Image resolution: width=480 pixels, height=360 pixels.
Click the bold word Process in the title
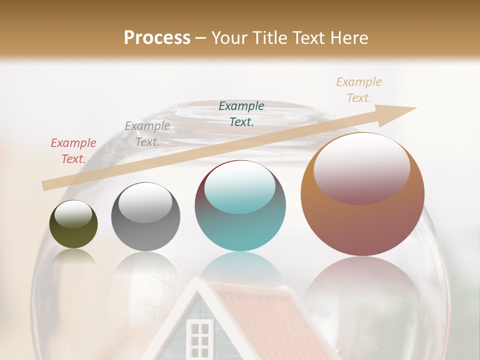[157, 37]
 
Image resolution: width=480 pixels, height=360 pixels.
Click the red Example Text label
[73, 151]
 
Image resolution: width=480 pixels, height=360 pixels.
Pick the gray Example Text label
[147, 134]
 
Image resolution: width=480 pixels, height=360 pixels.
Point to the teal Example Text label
[241, 113]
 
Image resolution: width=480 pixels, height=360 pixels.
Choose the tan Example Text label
[358, 90]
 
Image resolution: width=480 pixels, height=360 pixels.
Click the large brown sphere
[362, 225]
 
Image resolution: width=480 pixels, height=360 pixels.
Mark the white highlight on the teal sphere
[240, 188]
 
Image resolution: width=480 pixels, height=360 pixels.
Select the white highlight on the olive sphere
[73, 214]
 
